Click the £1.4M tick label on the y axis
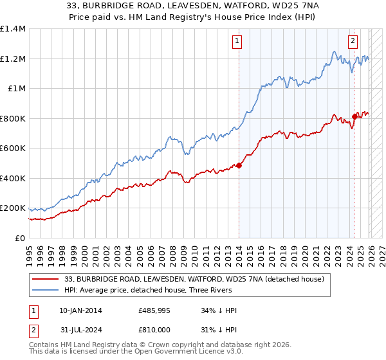tap(13, 29)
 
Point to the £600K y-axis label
tap(13, 148)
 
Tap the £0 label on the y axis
tap(19, 239)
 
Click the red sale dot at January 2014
tap(239, 166)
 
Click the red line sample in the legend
tap(46, 278)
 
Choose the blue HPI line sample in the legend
tap(46, 290)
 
